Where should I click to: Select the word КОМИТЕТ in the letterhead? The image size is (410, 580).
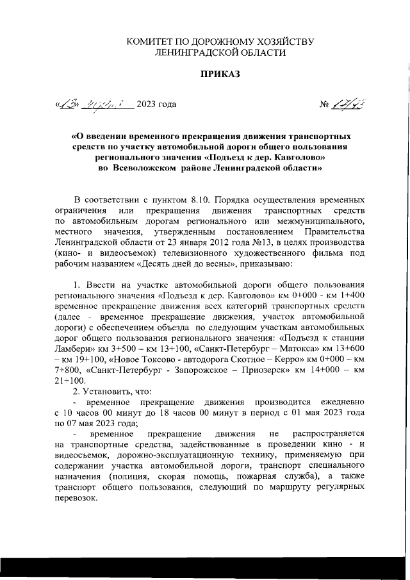(x=149, y=42)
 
